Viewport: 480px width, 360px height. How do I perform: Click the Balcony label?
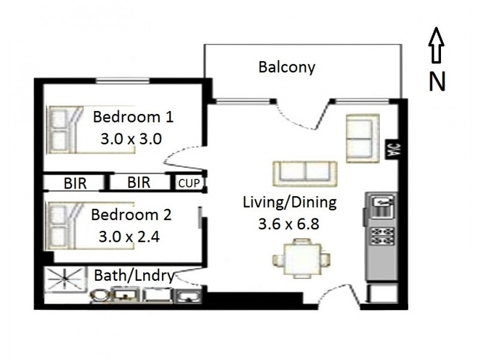(286, 67)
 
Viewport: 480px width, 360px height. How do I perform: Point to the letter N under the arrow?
(437, 82)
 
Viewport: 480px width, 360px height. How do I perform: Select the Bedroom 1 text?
(133, 116)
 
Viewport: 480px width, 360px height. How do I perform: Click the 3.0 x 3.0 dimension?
(131, 139)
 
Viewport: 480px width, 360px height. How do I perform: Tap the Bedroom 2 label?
(131, 214)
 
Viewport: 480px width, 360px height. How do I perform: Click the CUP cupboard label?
(188, 183)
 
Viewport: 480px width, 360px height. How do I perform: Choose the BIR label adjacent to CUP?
(139, 182)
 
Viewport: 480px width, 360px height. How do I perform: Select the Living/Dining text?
(290, 202)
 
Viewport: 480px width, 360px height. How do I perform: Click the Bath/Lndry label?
(134, 276)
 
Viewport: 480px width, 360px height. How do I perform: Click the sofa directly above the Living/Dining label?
(306, 173)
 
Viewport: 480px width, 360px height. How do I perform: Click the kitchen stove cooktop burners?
(381, 235)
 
